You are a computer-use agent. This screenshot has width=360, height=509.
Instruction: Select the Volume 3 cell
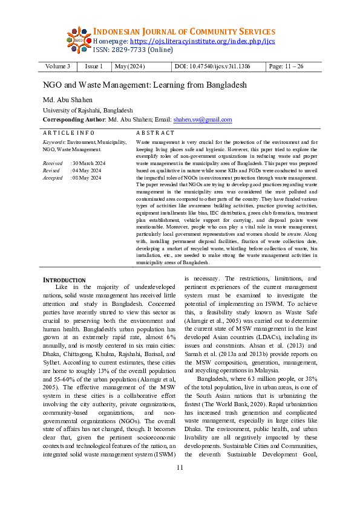click(x=57, y=66)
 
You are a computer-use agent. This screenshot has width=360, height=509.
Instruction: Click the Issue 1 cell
click(x=94, y=66)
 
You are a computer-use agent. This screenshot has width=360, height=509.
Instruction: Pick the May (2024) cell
click(x=129, y=66)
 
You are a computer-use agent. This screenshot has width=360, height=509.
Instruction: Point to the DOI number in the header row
click(x=220, y=66)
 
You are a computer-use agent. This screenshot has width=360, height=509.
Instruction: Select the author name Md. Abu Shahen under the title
click(x=68, y=100)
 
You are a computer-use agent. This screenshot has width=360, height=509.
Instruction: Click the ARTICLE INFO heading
click(x=68, y=132)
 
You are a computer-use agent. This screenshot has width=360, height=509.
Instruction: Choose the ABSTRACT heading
click(x=155, y=132)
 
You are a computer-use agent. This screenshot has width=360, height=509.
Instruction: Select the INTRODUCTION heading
click(x=64, y=280)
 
